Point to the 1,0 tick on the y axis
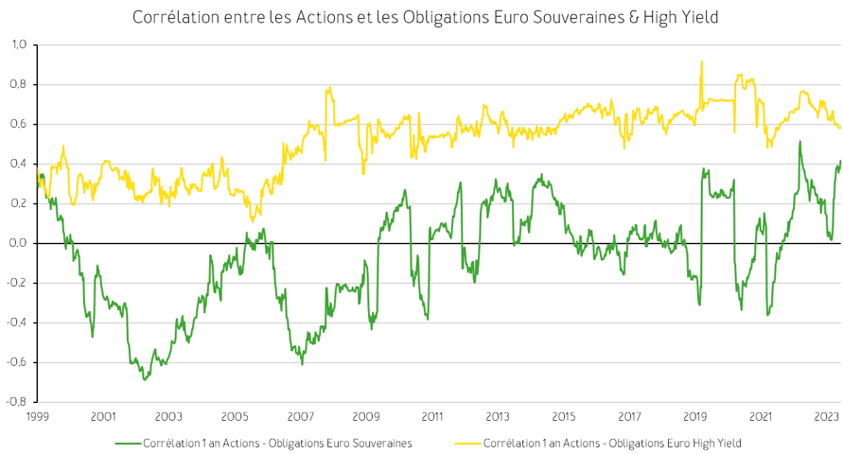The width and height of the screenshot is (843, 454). point(19,44)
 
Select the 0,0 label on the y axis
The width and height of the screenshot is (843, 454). point(19,243)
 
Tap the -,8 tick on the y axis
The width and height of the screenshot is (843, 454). point(19,402)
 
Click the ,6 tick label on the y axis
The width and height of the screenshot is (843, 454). point(19,124)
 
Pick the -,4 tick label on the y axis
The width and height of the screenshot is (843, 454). point(19,323)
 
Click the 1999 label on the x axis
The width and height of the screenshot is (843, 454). point(37,416)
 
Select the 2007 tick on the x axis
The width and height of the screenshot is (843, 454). point(300,416)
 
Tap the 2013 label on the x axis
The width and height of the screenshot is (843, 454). point(498,416)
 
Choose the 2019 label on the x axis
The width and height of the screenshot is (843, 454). point(695,416)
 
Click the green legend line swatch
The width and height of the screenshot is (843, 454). point(128,443)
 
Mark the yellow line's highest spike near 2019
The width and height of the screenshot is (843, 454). point(701,61)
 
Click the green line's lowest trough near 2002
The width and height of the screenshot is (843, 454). point(145,379)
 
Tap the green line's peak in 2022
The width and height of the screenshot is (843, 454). point(799,142)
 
